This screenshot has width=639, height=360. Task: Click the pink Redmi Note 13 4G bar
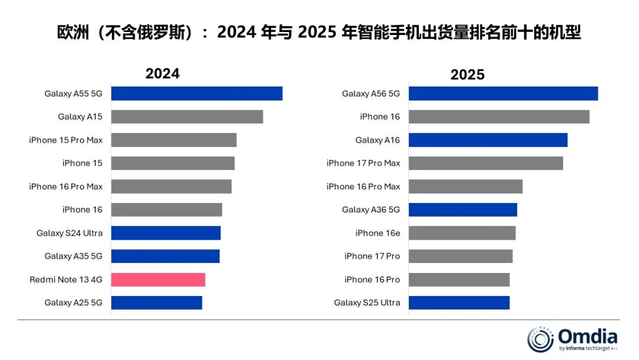158,279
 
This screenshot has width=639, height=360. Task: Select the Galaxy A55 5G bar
196,94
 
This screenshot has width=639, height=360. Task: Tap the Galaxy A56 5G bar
503,94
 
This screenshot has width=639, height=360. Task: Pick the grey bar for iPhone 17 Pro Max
486,163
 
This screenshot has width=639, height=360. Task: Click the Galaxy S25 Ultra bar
459,303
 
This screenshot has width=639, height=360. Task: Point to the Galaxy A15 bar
187,117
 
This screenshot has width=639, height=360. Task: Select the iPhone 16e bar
462,233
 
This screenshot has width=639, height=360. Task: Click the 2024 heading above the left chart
162,73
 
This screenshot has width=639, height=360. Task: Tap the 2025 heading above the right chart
467,75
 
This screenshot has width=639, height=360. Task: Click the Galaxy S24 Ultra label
69,233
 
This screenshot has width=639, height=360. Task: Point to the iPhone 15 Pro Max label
66,140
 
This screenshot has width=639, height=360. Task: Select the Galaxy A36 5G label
371,210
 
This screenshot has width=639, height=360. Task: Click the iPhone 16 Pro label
372,279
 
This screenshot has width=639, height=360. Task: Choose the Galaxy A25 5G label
73,303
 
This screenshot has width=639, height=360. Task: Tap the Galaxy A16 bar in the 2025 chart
488,140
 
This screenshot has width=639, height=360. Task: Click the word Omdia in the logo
588,337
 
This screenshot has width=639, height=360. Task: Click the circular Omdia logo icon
540,339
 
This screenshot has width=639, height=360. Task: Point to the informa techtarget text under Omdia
588,349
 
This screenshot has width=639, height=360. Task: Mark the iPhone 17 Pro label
372,256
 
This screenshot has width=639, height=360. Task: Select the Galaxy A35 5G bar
165,256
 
